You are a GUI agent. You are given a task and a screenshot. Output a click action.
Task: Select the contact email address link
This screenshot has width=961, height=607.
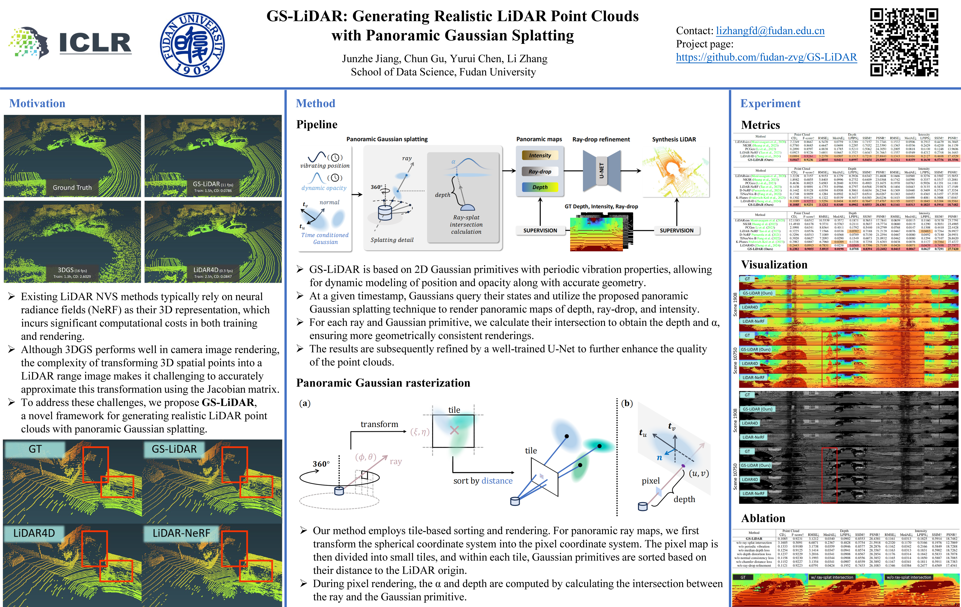click(770, 31)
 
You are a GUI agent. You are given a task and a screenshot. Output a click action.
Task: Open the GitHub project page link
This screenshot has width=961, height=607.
click(766, 57)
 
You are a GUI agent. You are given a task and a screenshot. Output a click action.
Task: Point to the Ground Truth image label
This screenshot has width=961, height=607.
click(72, 187)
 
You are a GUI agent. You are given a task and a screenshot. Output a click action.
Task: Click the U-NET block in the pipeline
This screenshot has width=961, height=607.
click(601, 171)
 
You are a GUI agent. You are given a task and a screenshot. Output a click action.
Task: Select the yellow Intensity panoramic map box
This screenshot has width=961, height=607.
click(540, 156)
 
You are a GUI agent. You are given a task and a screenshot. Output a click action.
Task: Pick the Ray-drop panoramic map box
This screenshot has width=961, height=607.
click(540, 172)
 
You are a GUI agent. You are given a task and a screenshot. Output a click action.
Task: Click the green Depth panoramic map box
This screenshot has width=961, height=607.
click(540, 187)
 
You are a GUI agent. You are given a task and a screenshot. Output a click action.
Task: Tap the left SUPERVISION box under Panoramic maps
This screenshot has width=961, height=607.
click(540, 231)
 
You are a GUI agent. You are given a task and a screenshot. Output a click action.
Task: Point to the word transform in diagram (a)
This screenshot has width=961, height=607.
click(379, 424)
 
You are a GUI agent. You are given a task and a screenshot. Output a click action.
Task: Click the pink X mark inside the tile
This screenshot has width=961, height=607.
click(454, 430)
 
